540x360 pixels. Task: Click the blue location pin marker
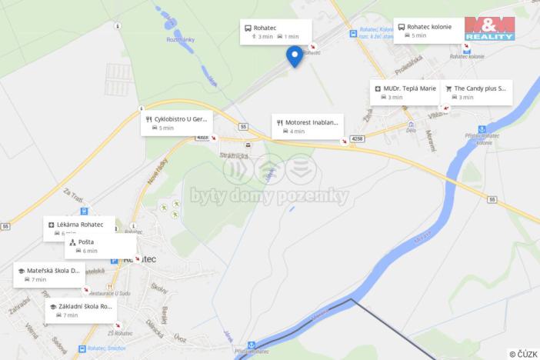tap(294, 55)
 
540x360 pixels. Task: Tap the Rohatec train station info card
tap(275, 32)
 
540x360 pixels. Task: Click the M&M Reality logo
tap(489, 28)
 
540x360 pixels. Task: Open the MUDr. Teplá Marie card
tap(405, 92)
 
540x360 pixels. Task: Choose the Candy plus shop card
tap(475, 92)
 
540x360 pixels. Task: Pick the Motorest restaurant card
tap(308, 126)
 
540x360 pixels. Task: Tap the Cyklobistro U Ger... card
tap(175, 123)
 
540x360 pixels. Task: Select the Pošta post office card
tap(100, 246)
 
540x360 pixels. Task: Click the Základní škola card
tap(81, 310)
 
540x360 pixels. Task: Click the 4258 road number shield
tap(356, 138)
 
